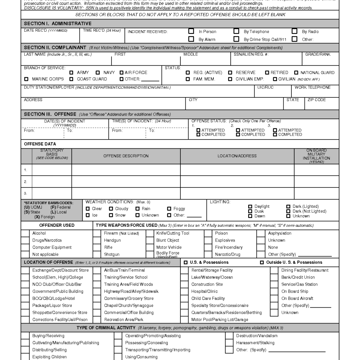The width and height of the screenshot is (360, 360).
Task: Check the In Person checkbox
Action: [x=191, y=31]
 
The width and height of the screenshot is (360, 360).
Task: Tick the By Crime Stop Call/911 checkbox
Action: [x=237, y=39]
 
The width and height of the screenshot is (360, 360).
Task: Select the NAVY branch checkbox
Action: [x=98, y=72]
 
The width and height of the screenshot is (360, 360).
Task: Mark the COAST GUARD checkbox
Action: [x=71, y=79]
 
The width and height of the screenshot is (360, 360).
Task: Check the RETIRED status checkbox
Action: [x=266, y=72]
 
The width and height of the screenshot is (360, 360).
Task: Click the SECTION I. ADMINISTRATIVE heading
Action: [x=58, y=24]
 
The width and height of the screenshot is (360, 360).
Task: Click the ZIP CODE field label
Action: [x=316, y=100]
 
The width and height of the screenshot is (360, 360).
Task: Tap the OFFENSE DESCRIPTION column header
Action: [x=126, y=156]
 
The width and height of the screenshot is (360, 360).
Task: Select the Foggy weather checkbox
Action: [x=169, y=209]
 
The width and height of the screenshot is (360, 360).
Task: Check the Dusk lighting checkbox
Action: [x=250, y=211]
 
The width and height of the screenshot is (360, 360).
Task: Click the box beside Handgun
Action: [x=97, y=240]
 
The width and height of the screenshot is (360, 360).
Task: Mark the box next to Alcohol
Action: [x=25, y=233]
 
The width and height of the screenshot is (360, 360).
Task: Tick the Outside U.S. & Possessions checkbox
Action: [x=262, y=263]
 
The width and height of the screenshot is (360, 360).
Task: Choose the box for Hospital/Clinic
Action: [x=184, y=291]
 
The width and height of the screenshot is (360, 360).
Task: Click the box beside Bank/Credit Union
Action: [x=274, y=277]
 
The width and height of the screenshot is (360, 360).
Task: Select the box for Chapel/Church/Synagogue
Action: [x=97, y=306]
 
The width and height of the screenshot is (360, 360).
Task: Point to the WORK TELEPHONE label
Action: [x=313, y=87]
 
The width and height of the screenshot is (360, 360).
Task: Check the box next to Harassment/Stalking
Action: [x=229, y=343]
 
